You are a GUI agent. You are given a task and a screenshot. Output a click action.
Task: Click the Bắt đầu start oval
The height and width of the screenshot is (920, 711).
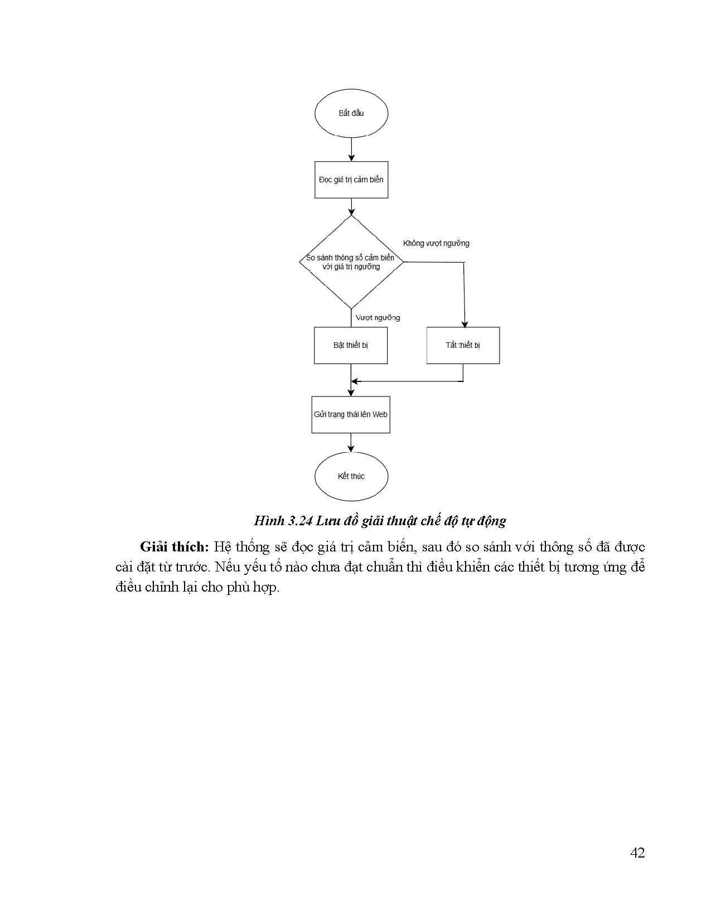pos(351,113)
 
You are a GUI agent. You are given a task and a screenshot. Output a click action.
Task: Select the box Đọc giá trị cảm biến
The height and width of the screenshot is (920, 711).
pos(351,180)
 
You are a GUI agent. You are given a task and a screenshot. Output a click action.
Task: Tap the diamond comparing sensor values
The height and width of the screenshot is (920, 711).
pos(351,262)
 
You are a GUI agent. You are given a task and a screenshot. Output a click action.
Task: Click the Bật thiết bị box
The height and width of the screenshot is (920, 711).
pos(350,345)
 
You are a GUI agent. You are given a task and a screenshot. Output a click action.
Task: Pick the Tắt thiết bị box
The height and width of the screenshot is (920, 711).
pos(463,345)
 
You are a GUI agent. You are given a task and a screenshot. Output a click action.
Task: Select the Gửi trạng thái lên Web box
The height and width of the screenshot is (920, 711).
pos(350,414)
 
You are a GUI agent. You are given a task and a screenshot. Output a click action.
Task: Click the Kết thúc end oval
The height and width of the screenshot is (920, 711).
pos(351,476)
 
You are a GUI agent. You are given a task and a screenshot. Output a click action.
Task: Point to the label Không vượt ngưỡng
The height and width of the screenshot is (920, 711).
pos(436,243)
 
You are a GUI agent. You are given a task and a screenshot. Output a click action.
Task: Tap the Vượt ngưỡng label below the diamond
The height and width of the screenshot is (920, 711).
pos(378,318)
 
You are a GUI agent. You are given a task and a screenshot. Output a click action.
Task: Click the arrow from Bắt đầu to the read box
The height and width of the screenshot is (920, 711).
pos(351,149)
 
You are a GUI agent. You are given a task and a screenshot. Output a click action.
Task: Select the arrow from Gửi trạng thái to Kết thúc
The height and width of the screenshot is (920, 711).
pos(351,442)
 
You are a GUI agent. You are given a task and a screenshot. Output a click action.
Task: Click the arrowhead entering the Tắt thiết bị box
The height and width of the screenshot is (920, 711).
pos(465,325)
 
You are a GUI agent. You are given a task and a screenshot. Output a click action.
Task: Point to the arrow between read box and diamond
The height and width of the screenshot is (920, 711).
pos(351,207)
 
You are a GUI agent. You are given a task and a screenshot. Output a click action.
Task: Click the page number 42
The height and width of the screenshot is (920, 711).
pos(637,853)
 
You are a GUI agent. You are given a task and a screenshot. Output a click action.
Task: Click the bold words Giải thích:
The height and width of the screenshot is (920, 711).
pos(174,547)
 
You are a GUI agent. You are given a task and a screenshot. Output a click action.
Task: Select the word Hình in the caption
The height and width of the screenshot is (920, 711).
pos(269,521)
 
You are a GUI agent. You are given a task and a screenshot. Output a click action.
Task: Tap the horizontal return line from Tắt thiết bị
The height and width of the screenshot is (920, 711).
pos(407,381)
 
